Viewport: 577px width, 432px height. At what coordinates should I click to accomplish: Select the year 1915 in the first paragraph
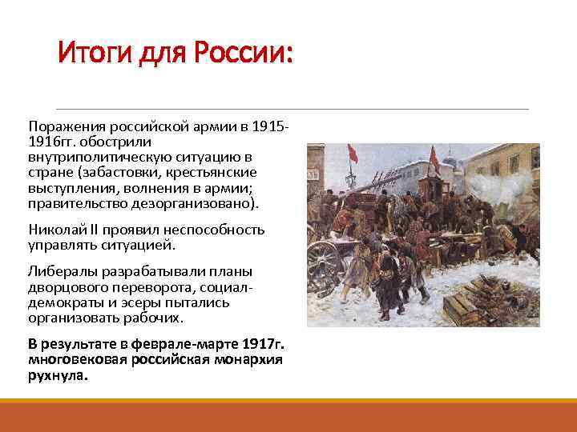pyautogui.click(x=268, y=127)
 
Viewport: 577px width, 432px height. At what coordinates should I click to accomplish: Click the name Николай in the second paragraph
pyautogui.click(x=53, y=230)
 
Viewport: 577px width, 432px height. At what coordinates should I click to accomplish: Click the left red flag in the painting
pyautogui.click(x=353, y=155)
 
